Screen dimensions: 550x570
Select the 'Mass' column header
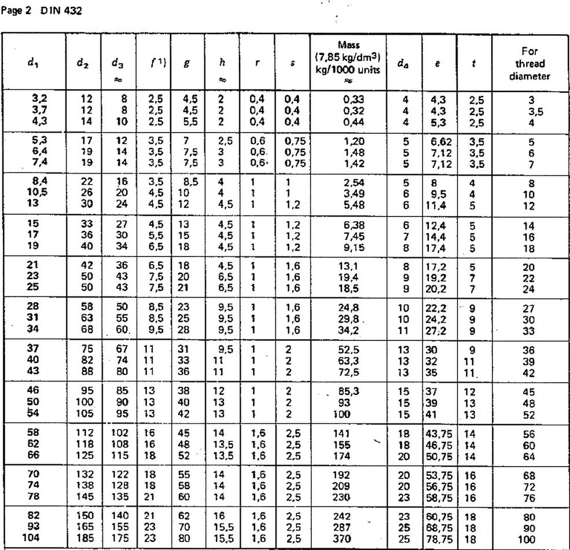348,45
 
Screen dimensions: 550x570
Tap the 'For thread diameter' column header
530,64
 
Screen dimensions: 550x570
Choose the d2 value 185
84,539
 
